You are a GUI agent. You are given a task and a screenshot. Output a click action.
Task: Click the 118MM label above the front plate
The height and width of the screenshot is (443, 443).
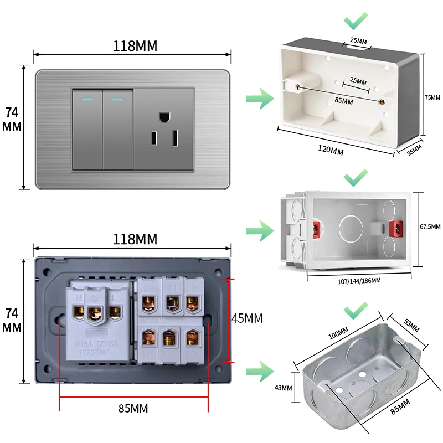tap(135, 45)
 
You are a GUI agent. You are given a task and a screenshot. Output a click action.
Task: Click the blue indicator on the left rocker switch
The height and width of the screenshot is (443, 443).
tap(87, 100)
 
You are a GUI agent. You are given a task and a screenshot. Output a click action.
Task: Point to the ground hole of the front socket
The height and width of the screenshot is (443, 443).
tap(164, 117)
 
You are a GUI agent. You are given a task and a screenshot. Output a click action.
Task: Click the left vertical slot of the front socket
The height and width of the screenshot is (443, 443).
tap(152, 139)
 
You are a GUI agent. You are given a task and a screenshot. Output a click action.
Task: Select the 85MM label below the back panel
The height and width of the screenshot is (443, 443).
tap(133, 409)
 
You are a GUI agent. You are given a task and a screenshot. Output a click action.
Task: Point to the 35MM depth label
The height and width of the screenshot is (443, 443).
tap(414, 151)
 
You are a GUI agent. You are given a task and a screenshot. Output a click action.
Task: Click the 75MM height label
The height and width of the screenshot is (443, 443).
tap(432, 97)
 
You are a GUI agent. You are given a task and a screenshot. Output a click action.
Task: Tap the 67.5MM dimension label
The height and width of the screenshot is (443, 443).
tap(430, 227)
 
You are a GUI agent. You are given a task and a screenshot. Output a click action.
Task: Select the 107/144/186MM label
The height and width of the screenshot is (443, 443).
tap(359, 281)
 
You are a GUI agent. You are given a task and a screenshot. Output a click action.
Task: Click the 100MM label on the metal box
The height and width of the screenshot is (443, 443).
tap(338, 333)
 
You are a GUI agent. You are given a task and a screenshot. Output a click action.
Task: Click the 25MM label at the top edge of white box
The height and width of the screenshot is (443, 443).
tap(358, 41)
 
